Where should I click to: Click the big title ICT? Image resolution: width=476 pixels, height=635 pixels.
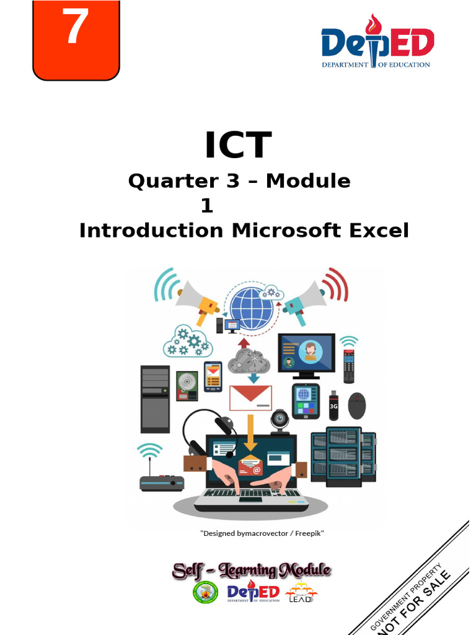point(238,145)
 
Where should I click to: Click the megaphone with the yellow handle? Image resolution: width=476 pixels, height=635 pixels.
point(198,300)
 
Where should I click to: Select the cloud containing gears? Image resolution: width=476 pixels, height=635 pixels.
point(188,342)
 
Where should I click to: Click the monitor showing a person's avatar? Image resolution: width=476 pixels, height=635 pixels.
point(306,354)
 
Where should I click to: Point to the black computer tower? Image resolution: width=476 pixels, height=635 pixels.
point(155,399)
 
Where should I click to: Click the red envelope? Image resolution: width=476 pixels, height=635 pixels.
point(250,397)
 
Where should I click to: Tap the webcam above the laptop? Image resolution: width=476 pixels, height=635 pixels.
point(280,421)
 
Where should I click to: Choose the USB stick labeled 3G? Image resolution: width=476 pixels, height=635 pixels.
point(333,406)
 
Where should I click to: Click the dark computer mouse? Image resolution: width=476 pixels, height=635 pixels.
point(356,406)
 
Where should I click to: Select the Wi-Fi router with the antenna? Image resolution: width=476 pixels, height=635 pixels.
point(161,481)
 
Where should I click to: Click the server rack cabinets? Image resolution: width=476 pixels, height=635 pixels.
point(343,456)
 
